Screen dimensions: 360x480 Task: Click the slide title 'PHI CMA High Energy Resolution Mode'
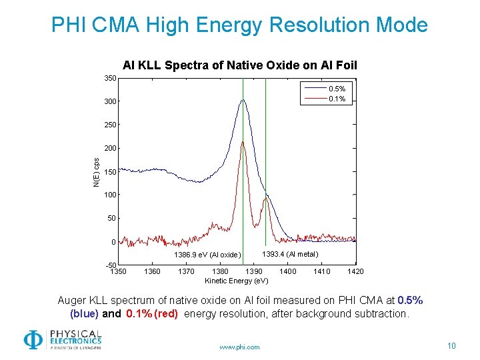point(239,25)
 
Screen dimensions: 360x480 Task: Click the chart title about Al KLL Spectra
point(240,65)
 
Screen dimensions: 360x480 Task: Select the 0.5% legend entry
point(336,89)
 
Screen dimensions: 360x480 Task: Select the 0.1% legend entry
point(336,99)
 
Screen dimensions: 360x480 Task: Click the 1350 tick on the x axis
point(118,271)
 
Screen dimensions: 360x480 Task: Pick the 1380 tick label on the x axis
point(219,271)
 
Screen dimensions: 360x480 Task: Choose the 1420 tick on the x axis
point(355,271)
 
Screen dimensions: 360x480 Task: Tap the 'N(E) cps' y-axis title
point(96,172)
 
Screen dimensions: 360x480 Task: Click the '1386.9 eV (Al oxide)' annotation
point(207,255)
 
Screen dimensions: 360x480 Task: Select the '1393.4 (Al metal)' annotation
point(290,254)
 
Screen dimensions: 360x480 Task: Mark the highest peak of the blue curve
point(243,100)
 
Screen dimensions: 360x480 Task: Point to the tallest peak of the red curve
point(243,141)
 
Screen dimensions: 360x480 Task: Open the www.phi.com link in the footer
point(239,347)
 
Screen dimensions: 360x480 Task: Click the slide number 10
point(451,345)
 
